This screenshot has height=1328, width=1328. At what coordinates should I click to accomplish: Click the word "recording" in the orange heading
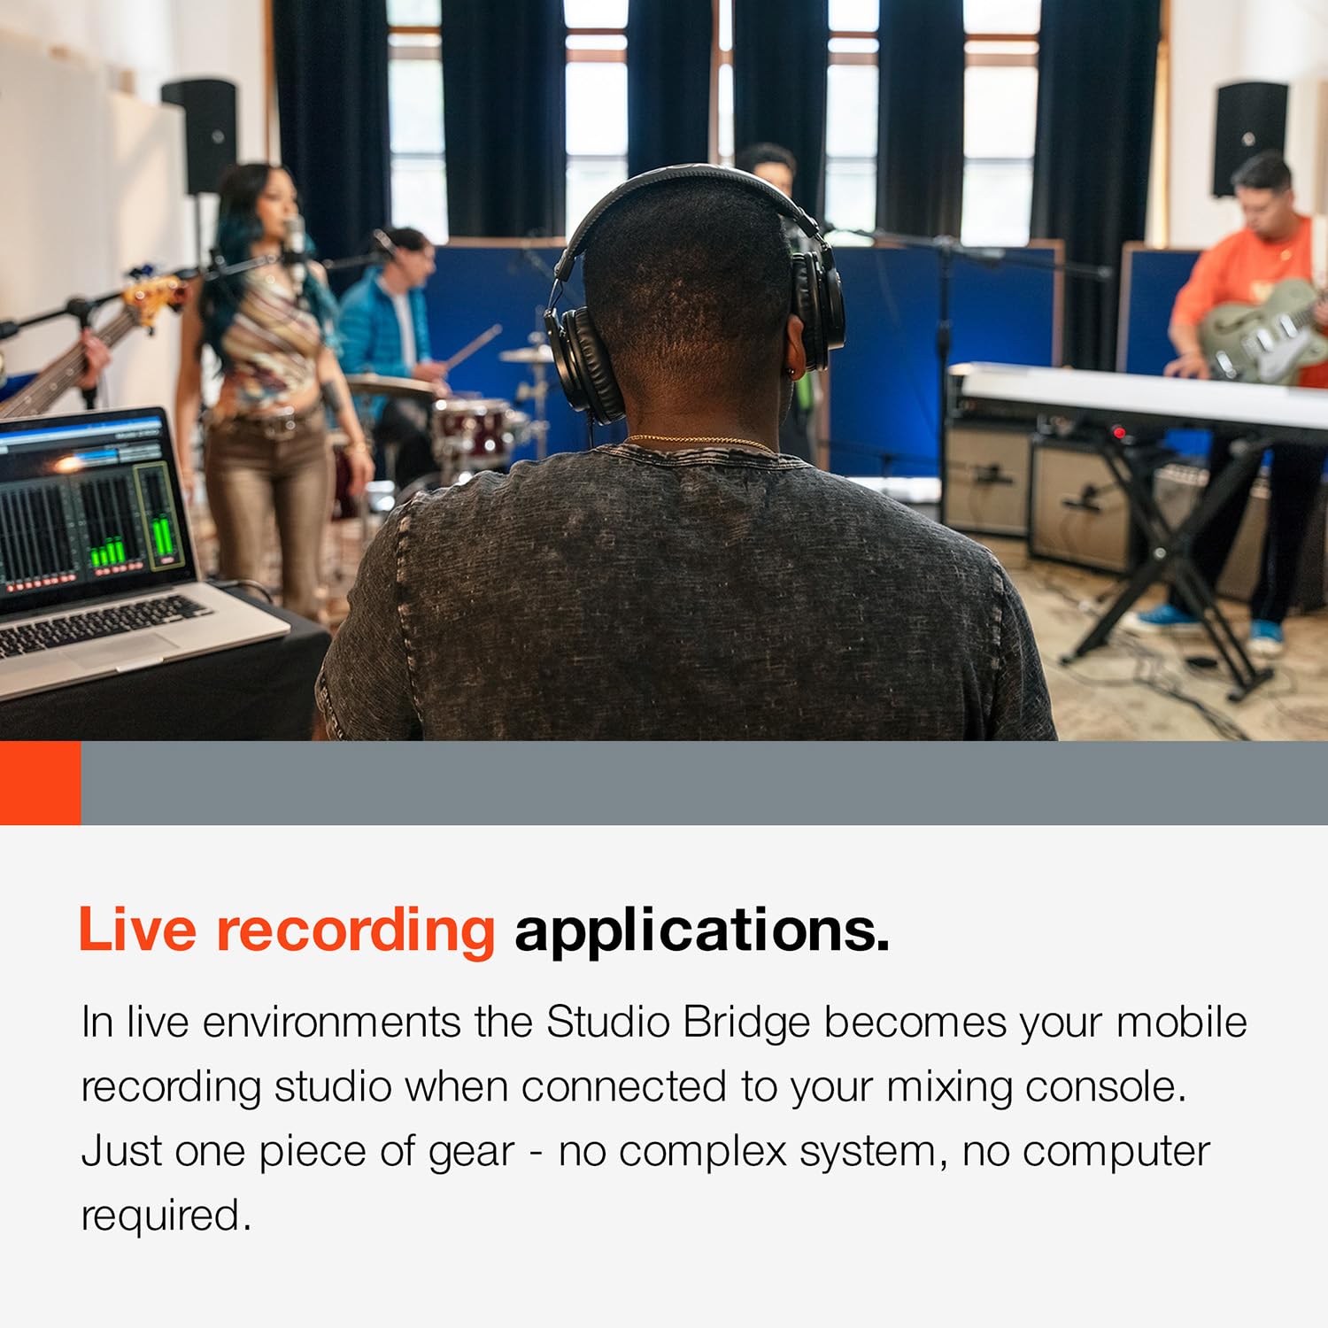(355, 931)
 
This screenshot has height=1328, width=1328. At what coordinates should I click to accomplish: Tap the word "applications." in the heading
(701, 931)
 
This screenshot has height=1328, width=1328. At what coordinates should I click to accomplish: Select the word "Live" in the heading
(137, 930)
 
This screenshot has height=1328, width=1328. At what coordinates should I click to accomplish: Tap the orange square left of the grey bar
(40, 783)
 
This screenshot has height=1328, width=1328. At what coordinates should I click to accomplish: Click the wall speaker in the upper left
(200, 133)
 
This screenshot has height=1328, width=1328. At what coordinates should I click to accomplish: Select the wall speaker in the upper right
(1249, 137)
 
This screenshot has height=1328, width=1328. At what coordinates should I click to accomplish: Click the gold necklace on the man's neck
(699, 440)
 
